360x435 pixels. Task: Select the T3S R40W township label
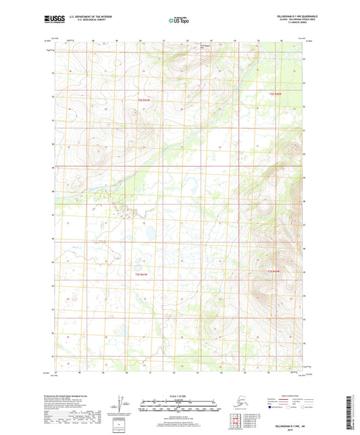[x=274, y=272]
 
